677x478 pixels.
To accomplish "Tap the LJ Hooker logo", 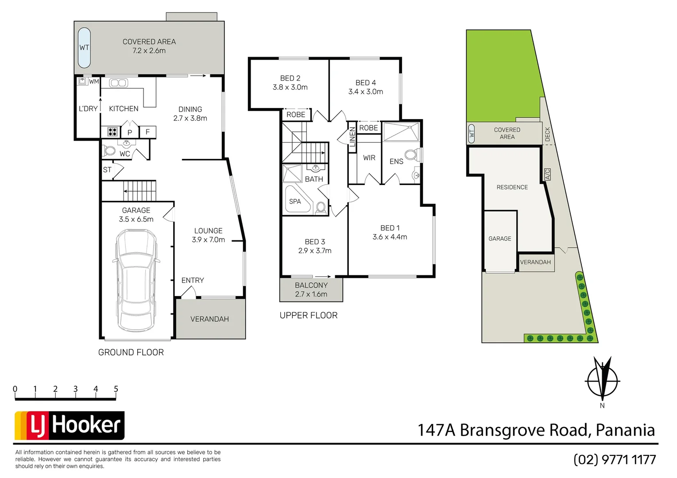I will click(x=70, y=425).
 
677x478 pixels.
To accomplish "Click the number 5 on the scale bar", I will click(x=116, y=389).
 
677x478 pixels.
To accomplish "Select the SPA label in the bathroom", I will click(x=295, y=201).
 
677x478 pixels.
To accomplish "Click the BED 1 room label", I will click(x=390, y=228).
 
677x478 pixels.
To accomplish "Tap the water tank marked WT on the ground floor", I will click(x=84, y=47).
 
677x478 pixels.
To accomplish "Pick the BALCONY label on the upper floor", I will click(x=311, y=285).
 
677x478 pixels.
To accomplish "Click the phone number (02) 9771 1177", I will click(x=615, y=459).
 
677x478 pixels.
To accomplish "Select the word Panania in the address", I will click(x=625, y=430).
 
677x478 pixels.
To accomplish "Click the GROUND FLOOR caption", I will click(x=131, y=352).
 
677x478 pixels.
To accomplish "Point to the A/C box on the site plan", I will click(x=547, y=174).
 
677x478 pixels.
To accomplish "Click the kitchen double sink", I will click(x=119, y=83).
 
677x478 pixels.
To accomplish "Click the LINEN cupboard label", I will click(x=352, y=137).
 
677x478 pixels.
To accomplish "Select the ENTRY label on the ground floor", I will click(x=193, y=280).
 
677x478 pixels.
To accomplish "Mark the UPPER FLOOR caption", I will click(x=309, y=315).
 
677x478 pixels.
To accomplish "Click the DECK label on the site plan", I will click(x=547, y=134).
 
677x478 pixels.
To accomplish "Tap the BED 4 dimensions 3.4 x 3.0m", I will click(x=366, y=92).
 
